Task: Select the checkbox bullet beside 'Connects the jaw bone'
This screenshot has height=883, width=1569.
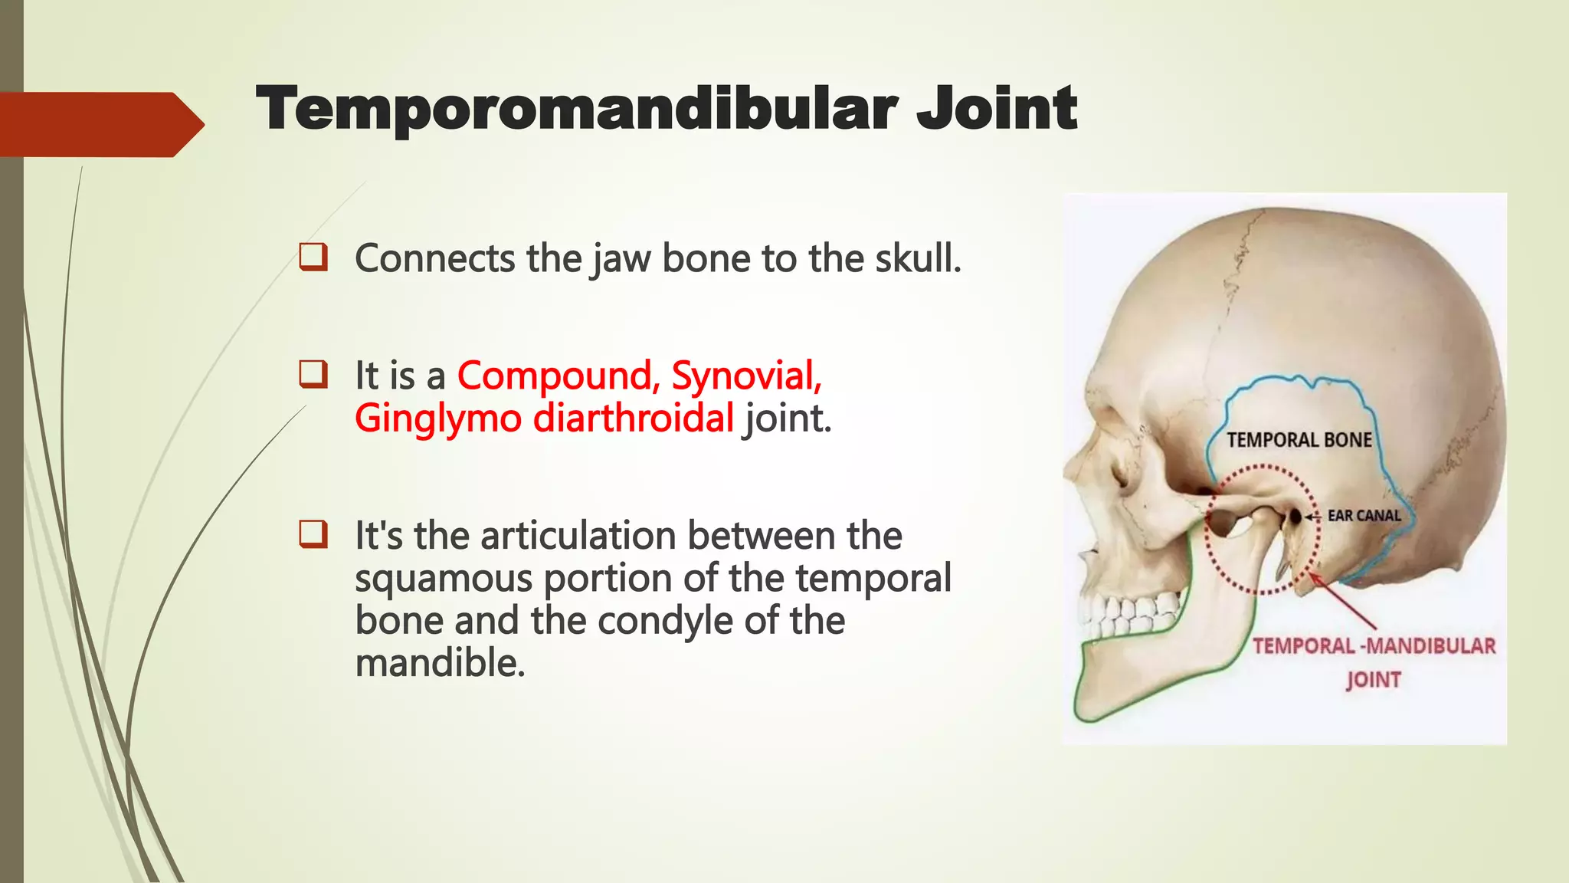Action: tap(313, 257)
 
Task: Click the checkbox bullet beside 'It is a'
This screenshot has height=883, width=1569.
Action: tap(313, 375)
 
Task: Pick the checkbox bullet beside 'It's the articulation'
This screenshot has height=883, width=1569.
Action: tap(313, 534)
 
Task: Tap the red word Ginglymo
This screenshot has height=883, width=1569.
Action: tap(437, 419)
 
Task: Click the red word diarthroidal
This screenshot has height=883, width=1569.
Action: tap(633, 419)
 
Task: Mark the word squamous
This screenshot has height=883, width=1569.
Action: tap(443, 578)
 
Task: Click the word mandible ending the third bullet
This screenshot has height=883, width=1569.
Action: tap(439, 663)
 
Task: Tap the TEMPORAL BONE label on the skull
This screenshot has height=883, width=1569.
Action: tap(1299, 440)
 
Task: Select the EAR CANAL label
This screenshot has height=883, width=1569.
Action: tap(1364, 516)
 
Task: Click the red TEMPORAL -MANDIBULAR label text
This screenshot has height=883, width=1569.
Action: tap(1374, 646)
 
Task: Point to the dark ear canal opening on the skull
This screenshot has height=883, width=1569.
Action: tap(1295, 517)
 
